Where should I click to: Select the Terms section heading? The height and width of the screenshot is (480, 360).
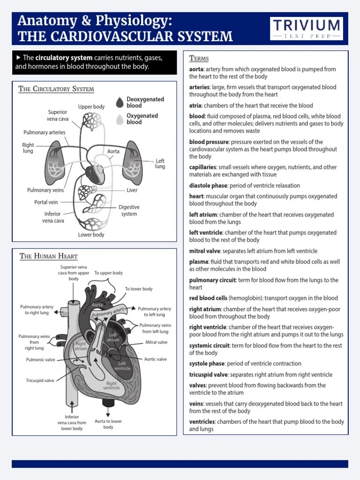199,59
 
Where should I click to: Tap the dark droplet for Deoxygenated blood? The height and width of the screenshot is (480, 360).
120,102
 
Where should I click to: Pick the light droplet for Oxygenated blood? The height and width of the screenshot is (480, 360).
120,119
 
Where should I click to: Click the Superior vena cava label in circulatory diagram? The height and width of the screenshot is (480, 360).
57,115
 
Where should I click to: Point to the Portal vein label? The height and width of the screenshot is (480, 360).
46,202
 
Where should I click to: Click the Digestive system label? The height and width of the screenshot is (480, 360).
129,210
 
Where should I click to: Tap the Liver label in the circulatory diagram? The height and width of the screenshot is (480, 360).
132,191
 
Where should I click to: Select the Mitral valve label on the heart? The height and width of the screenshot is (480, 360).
156,342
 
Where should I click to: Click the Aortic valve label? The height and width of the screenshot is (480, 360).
155,359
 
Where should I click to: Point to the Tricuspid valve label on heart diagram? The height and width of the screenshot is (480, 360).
40,381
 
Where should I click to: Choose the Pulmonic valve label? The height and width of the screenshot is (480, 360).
41,360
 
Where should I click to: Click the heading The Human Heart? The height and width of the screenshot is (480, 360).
48,256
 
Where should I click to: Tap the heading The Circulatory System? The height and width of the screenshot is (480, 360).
56,89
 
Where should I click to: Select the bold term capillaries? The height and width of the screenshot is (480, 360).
202,167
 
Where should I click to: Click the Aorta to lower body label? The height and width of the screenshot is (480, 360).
108,424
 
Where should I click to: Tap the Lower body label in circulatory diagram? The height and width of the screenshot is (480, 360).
91,235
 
